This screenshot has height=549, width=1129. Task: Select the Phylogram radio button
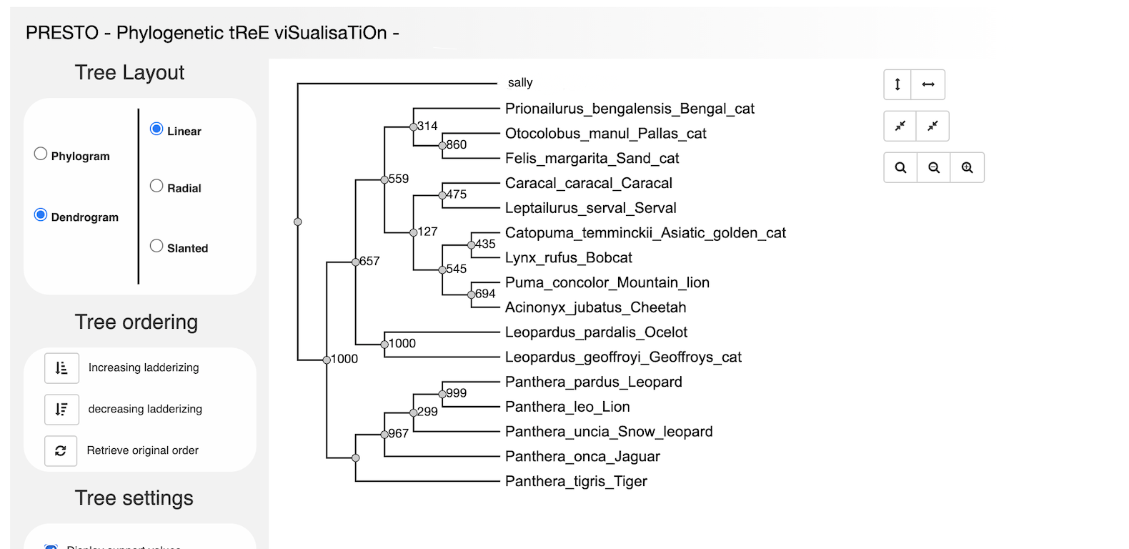41,154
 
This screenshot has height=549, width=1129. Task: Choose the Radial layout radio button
156,186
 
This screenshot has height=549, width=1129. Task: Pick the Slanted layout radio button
156,246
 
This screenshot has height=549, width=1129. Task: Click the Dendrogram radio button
41,215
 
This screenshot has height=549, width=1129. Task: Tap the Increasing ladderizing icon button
61,367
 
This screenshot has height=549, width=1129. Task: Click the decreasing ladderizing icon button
61,409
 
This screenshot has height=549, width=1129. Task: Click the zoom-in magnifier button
967,167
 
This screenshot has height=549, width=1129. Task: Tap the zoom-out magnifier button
933,167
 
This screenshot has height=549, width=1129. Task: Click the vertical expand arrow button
897,84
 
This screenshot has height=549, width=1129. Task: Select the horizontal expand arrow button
928,84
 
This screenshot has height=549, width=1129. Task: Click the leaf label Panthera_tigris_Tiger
576,481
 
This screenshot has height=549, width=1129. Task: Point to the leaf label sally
520,83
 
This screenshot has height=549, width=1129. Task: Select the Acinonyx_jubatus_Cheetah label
595,307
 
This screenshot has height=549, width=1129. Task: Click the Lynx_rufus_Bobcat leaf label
568,257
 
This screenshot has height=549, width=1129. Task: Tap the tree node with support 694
471,295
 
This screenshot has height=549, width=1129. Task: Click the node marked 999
442,394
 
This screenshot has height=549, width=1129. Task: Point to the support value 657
369,261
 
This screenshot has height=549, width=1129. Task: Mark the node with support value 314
413,127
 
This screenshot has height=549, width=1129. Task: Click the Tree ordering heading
136,322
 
